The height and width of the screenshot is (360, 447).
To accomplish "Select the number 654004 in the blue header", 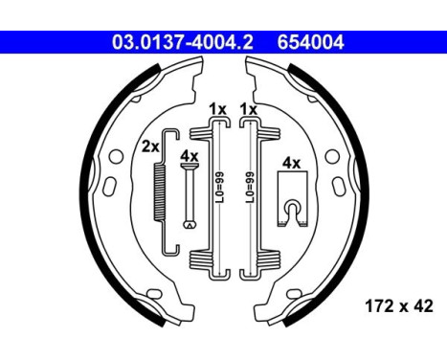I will (x=311, y=41).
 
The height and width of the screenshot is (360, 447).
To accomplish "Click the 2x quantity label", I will (x=149, y=146).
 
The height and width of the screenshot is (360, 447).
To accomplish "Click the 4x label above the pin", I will (x=190, y=155).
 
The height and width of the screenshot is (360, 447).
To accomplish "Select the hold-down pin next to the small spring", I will (x=190, y=196).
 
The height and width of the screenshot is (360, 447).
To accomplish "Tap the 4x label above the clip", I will (x=292, y=164).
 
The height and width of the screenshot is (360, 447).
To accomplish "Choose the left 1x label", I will (x=217, y=109).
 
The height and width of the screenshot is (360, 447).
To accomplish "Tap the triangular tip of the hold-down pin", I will (x=190, y=225).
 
